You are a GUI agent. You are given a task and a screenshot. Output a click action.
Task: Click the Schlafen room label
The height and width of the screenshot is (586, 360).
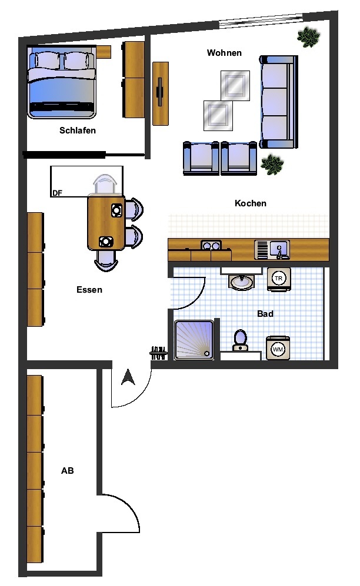[78, 130]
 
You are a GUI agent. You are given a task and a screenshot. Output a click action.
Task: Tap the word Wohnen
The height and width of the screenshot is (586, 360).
[224, 53]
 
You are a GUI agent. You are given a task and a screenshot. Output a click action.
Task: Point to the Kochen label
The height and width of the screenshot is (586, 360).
[251, 203]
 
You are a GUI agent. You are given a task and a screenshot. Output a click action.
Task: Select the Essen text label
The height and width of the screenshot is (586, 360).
[89, 290]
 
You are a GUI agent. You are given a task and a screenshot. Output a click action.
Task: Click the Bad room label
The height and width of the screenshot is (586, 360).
[265, 314]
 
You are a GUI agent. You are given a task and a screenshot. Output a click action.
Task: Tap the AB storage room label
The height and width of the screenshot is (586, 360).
[67, 471]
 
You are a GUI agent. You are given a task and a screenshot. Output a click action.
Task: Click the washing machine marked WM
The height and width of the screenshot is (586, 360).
[278, 349]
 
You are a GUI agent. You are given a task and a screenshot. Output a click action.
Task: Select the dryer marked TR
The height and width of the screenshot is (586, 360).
[278, 279]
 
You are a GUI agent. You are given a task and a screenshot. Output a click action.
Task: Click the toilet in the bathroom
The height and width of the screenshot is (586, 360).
[240, 340]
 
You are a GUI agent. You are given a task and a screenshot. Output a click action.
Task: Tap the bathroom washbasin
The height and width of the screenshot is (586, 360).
[242, 281]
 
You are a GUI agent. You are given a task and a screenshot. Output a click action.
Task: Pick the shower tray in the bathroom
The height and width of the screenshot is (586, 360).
[194, 340]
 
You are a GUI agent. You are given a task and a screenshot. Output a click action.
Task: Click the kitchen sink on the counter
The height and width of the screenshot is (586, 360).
[272, 250]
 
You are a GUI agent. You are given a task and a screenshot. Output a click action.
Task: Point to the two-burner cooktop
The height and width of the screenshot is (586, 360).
[211, 246]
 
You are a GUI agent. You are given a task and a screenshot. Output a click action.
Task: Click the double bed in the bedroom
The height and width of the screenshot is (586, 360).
[62, 82]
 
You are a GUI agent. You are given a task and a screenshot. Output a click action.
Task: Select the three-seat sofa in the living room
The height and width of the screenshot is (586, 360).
[279, 102]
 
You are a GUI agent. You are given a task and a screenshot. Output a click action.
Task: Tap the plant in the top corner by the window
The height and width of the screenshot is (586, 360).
[308, 38]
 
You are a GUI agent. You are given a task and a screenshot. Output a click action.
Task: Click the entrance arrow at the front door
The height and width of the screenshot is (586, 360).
[128, 377]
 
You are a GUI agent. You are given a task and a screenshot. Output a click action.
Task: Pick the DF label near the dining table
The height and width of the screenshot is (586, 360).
[57, 193]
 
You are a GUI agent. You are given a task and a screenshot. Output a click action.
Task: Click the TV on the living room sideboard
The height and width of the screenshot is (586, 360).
[161, 92]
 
